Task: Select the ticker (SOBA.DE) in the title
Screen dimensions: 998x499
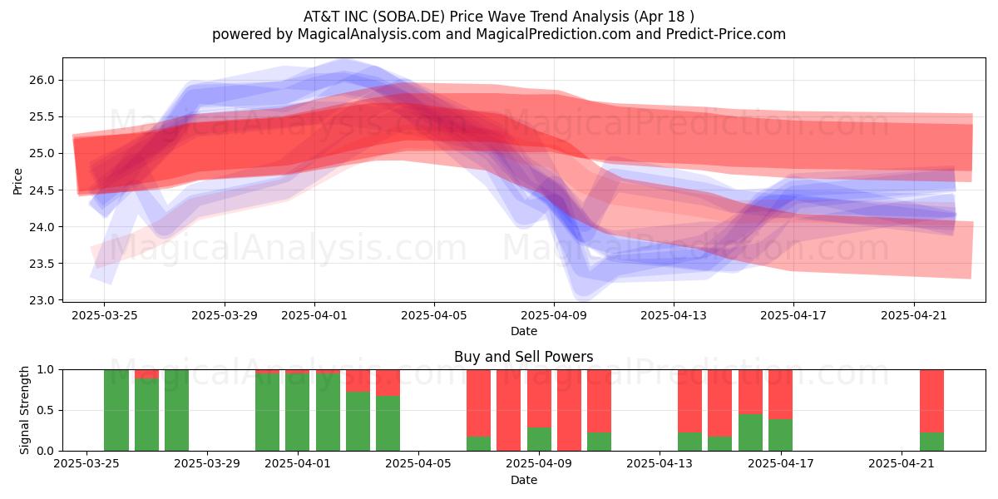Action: tap(409, 17)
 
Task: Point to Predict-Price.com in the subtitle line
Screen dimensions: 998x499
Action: tap(726, 34)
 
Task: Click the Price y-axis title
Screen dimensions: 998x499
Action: tap(17, 181)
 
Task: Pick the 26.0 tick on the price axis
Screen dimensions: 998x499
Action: tap(42, 80)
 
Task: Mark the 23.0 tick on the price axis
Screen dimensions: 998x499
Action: tap(42, 300)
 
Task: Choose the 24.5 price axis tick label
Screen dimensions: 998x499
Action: tap(42, 190)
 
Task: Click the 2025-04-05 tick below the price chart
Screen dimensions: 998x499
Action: tap(434, 316)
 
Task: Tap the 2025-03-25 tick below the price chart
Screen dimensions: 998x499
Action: tap(105, 316)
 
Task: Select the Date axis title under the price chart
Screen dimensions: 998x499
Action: tap(524, 332)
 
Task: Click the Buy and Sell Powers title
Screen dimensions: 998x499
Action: tap(523, 357)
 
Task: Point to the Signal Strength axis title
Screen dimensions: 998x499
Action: tap(24, 410)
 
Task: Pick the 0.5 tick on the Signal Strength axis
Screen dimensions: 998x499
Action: tap(45, 410)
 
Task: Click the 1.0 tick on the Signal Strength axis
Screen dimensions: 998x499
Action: tap(45, 369)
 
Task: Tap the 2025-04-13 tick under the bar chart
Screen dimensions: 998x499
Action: tap(660, 464)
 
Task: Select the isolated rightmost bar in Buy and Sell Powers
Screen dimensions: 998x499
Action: tap(931, 410)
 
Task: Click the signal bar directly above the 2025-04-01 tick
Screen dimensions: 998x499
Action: tap(297, 410)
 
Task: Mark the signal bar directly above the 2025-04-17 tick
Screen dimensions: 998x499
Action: tap(780, 410)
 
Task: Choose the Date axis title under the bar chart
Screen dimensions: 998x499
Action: tap(524, 480)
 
